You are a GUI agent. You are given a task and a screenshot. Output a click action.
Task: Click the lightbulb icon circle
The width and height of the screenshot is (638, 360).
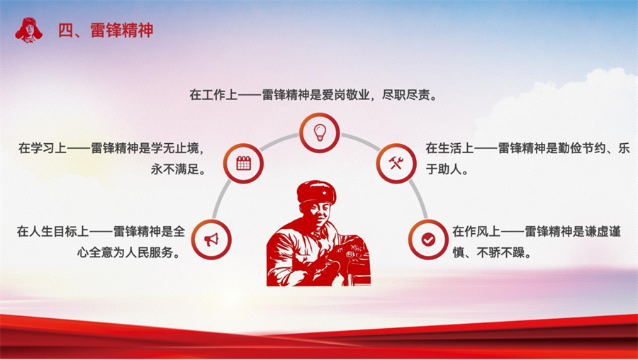pos(320,133)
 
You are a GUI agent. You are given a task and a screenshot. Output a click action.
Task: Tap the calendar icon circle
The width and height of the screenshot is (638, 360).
pos(243,163)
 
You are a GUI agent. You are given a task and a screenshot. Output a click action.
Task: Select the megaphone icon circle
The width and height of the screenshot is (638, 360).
pos(211,240)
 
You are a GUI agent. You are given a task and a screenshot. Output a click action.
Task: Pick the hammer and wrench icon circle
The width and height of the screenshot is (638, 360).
pos(396,163)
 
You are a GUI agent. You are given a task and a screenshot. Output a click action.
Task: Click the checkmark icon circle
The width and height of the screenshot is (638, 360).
pos(428,240)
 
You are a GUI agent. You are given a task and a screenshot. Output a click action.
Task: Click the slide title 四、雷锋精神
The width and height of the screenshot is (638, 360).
pos(106,30)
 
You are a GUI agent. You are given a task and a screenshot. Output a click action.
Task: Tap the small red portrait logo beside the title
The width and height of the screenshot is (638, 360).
pos(28,30)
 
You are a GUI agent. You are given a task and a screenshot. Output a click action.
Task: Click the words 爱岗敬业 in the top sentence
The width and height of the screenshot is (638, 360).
pos(346,95)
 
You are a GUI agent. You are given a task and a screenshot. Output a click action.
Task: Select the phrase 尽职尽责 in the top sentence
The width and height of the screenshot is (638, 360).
pos(405,95)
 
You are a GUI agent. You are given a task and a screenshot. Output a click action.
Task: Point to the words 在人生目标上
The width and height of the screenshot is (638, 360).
pos(53,232)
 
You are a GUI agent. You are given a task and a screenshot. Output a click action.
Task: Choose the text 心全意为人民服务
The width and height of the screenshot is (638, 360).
pos(125,252)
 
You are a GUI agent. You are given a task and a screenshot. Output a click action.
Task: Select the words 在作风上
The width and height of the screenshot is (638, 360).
pos(476,232)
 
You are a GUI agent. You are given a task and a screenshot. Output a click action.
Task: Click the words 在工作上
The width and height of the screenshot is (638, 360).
pos(213,95)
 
